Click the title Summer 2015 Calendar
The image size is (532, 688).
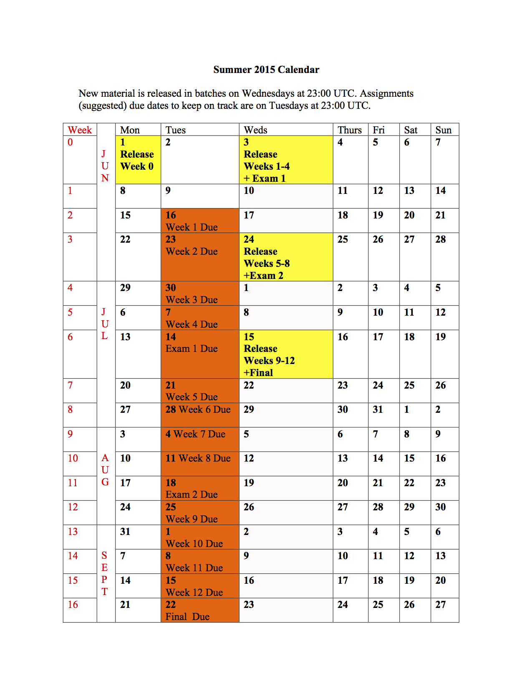(x=266, y=70)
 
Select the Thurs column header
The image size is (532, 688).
(x=350, y=130)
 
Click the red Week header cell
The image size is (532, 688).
(x=80, y=130)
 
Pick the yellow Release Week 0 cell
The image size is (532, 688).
(x=138, y=160)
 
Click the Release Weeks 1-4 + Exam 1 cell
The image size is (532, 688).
(x=285, y=160)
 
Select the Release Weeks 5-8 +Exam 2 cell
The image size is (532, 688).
(x=285, y=257)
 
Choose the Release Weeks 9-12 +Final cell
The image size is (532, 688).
(x=285, y=354)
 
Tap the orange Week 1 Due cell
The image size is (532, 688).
(x=199, y=221)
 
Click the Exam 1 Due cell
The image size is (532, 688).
(x=199, y=354)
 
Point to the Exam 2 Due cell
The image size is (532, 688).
(x=199, y=488)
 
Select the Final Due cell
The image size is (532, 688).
(x=199, y=610)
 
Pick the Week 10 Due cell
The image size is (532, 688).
(x=199, y=537)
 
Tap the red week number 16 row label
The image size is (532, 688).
(x=73, y=605)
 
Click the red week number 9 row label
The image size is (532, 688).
(x=70, y=434)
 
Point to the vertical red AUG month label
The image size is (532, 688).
(x=105, y=470)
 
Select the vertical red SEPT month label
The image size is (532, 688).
(x=104, y=573)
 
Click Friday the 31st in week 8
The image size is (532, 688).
(x=378, y=409)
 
